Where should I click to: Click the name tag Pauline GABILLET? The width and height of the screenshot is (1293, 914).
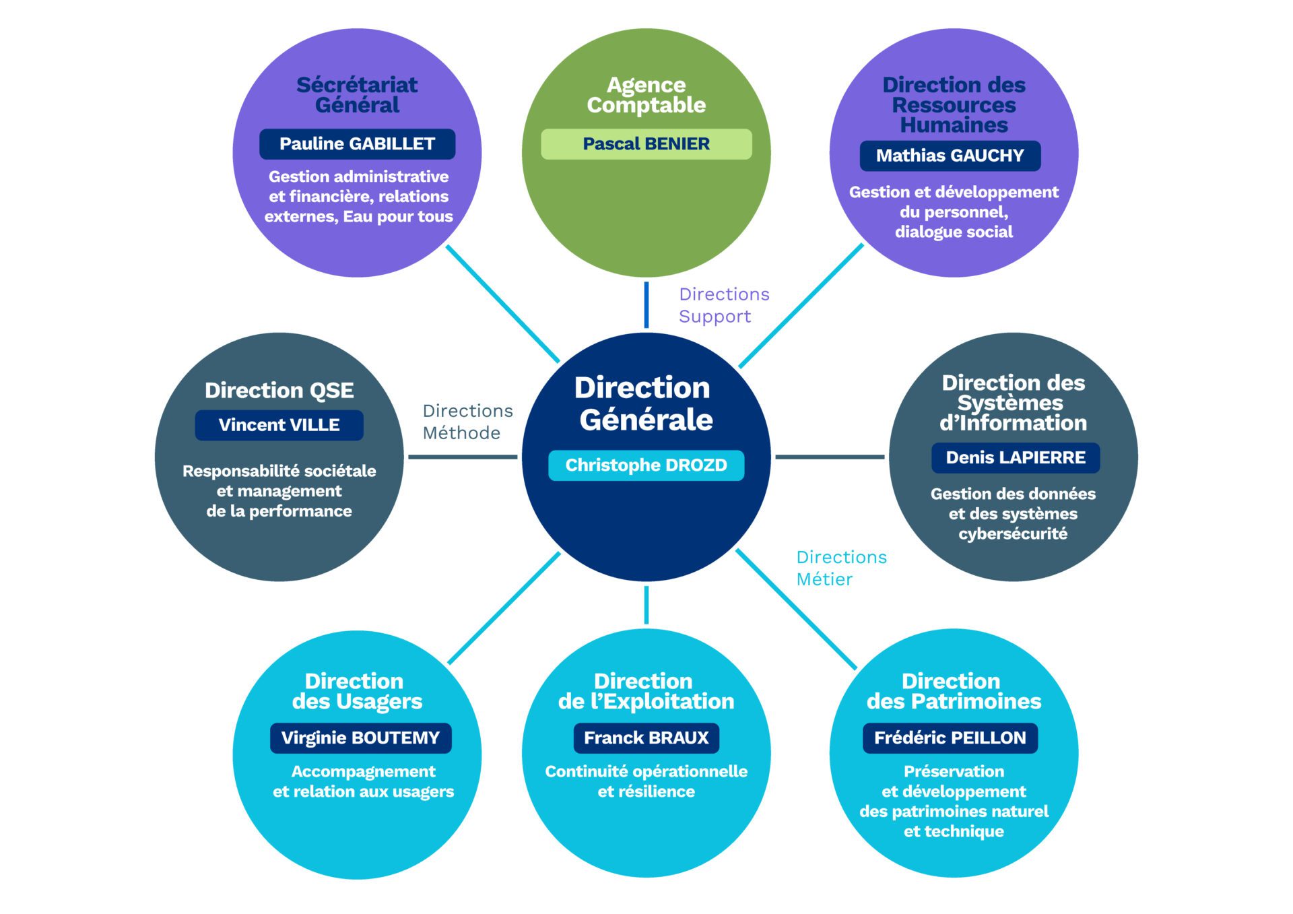pos(357,144)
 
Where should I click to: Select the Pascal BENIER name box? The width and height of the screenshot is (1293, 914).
pos(646,144)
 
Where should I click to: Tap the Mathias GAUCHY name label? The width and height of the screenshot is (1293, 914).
pos(950,156)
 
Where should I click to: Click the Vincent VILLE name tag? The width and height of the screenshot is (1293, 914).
pos(279,425)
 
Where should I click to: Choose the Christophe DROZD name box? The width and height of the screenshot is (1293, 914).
pos(646,465)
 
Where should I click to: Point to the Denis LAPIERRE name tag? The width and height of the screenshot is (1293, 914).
pos(1015,458)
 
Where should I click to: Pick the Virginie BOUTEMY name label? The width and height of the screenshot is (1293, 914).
pos(360,738)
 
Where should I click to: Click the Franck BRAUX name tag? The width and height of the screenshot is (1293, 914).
pos(646,738)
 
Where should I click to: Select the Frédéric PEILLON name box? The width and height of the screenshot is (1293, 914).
pos(950,738)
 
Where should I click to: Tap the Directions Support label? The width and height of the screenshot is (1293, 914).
pos(723,305)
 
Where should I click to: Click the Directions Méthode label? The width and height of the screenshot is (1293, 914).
pos(467,422)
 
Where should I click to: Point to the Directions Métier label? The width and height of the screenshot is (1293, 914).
pos(841,568)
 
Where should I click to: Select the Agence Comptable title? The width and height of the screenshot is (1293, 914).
pos(646,95)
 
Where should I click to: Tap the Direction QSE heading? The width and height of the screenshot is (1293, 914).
pos(279,391)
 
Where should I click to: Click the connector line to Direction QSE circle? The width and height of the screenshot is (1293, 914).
pos(463,457)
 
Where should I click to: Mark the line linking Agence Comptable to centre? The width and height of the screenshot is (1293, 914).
pos(646,305)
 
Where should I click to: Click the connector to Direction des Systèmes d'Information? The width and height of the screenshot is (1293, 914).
pos(830,457)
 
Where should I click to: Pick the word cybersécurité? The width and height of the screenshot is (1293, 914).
pos(1013,534)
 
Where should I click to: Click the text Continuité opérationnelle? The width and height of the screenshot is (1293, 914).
pos(646,772)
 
